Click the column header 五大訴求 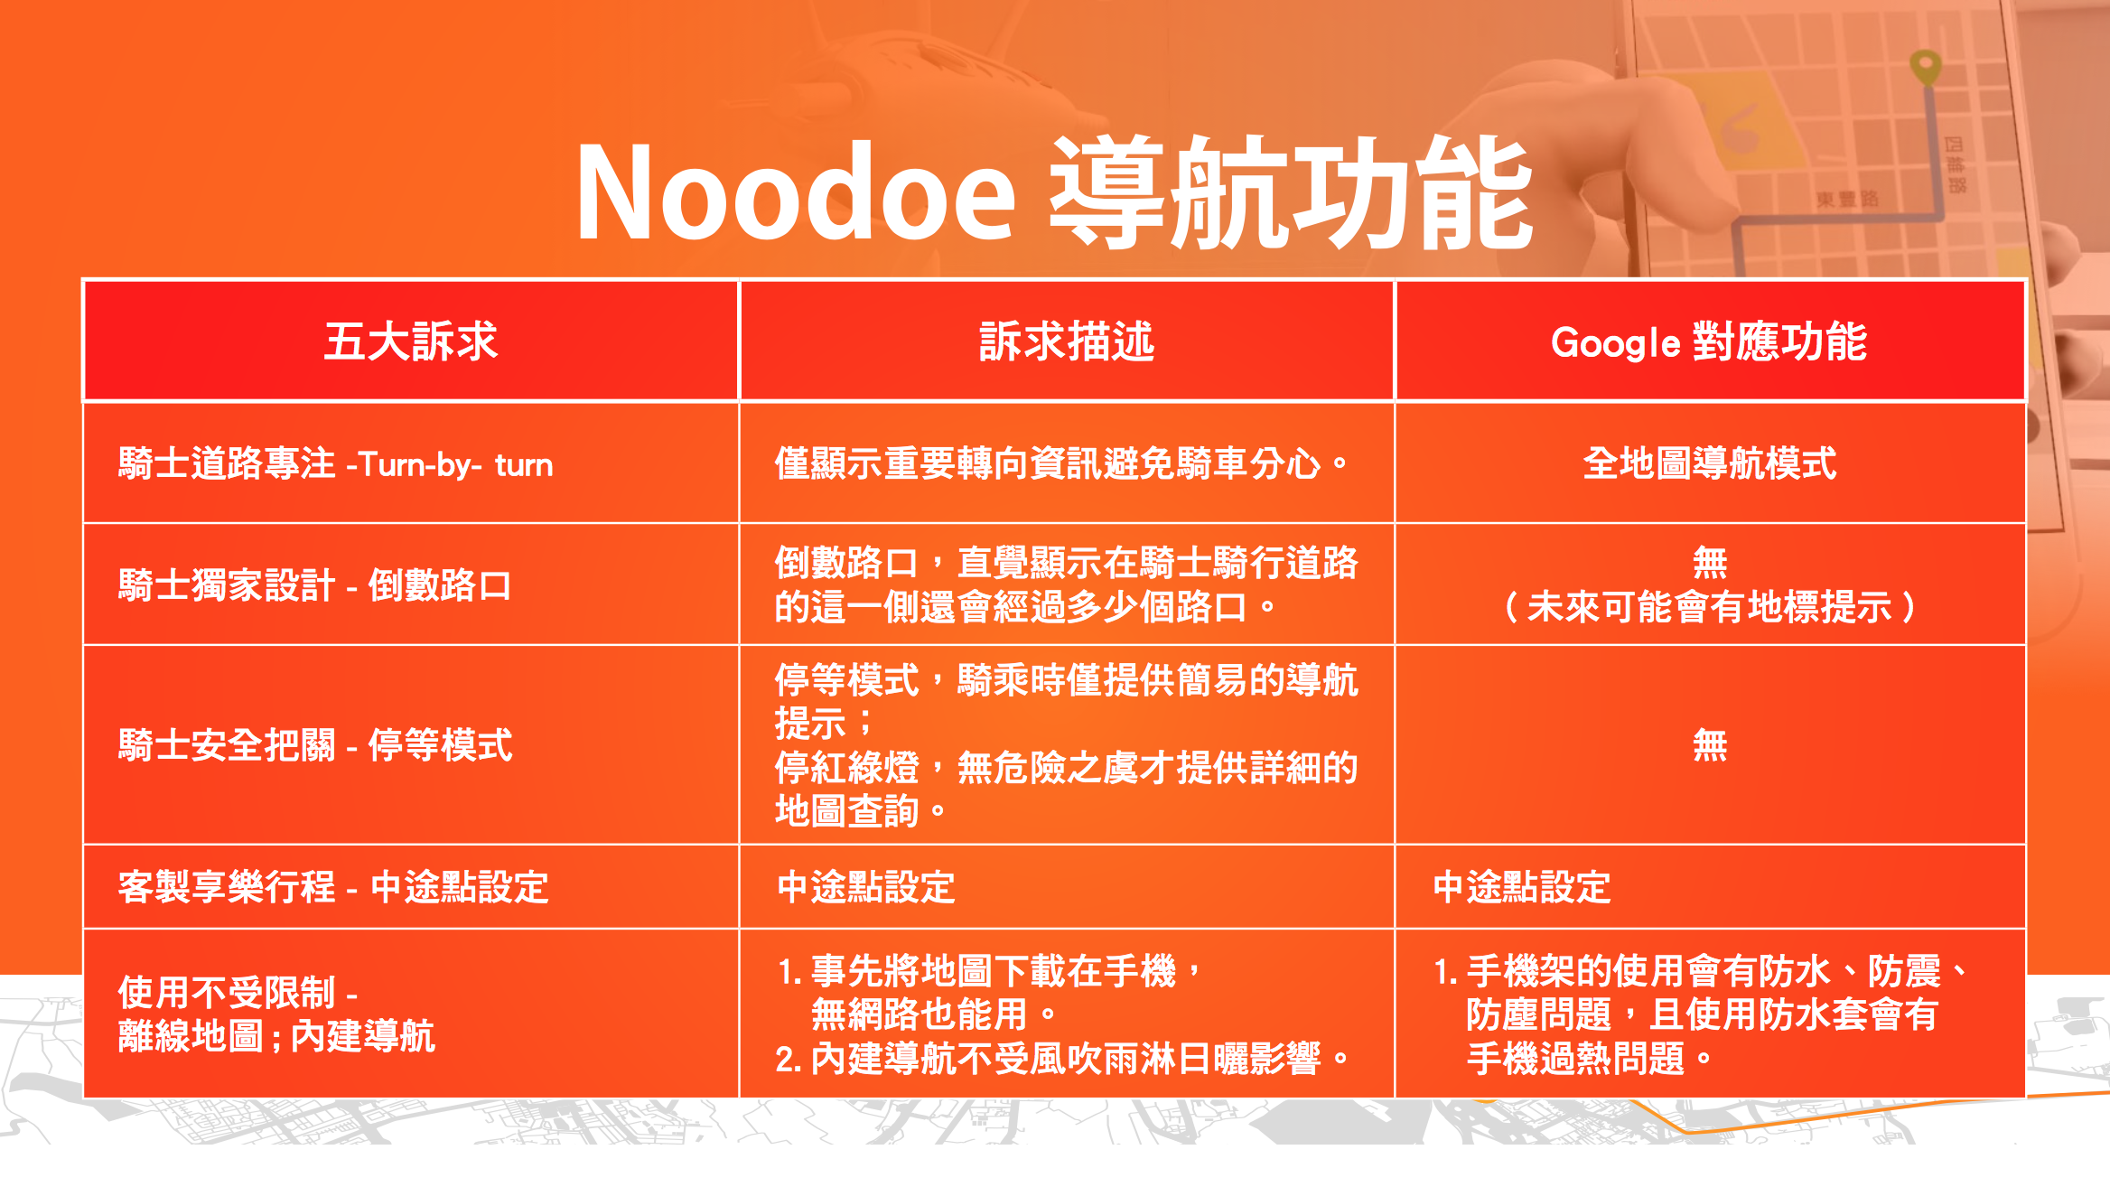tap(411, 341)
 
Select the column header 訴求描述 tap(1067, 341)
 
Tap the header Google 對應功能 tap(1709, 341)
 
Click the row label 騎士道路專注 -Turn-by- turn tap(335, 464)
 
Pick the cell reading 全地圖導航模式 tap(1709, 463)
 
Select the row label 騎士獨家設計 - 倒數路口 tap(314, 585)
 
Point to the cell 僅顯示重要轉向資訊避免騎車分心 tap(1061, 463)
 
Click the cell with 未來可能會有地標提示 tap(1709, 607)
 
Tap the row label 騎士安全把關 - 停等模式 tap(315, 745)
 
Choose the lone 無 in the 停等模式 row tap(1709, 745)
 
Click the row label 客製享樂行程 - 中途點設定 tap(333, 887)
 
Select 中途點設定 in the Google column tap(1522, 887)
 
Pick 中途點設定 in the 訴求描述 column tap(865, 887)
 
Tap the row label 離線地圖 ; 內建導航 tap(276, 1036)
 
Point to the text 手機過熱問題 tap(1576, 1059)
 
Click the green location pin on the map tap(1926, 67)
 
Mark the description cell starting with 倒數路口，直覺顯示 tap(1066, 584)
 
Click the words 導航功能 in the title tap(1290, 192)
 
